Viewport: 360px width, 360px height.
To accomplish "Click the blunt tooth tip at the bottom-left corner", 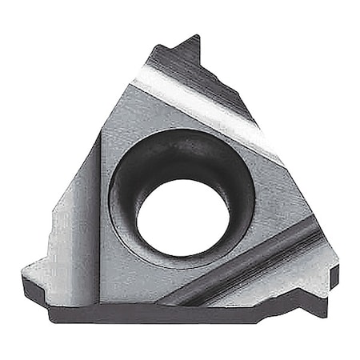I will [x=26, y=276].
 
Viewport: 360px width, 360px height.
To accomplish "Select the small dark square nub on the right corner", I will [x=334, y=277].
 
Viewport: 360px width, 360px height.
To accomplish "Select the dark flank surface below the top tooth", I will [x=204, y=76].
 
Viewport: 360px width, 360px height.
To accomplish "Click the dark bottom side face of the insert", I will [x=160, y=314].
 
